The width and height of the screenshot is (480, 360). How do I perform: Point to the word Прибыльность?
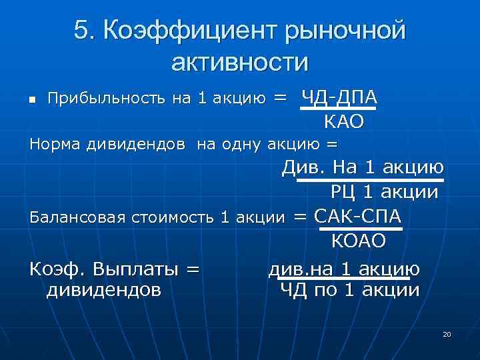(107, 99)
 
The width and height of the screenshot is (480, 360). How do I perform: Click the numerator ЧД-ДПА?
(339, 97)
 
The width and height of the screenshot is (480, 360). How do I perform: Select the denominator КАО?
(344, 121)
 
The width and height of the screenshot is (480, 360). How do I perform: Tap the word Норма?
(55, 143)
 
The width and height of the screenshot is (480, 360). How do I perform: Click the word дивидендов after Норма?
(136, 143)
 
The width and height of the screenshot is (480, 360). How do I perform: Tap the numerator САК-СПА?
(357, 216)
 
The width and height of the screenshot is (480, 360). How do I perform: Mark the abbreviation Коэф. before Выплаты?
(57, 269)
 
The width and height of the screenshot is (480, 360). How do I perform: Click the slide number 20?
(447, 333)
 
